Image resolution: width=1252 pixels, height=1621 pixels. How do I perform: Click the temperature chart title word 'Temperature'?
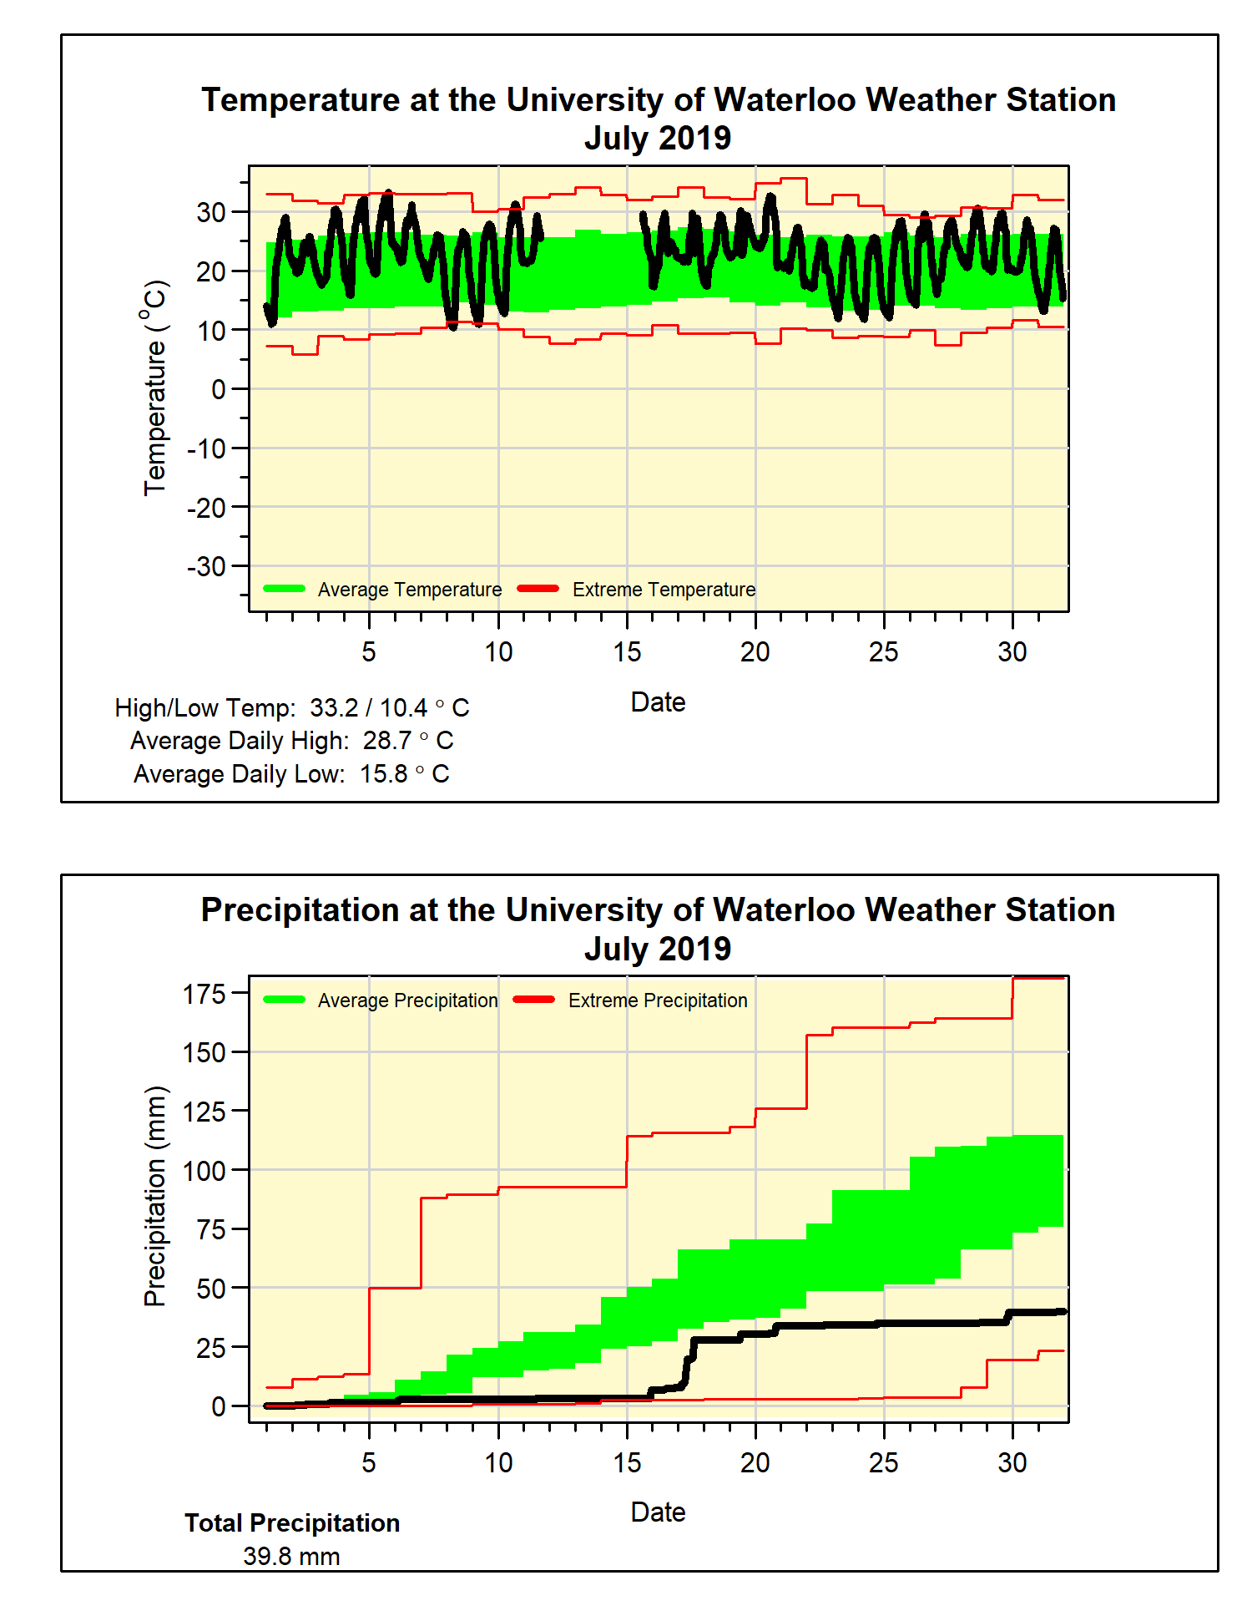(x=300, y=100)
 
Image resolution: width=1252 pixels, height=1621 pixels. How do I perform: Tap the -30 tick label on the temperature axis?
(x=206, y=566)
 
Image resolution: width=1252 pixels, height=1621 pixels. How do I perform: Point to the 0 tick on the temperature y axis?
(x=218, y=389)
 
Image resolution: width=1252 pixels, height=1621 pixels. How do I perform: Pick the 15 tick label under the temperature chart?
(x=627, y=651)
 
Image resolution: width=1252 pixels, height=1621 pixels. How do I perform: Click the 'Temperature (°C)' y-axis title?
(x=155, y=388)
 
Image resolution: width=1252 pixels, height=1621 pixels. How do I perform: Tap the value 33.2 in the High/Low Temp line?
(x=334, y=708)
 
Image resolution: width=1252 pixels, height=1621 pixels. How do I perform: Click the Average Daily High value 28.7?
(x=387, y=741)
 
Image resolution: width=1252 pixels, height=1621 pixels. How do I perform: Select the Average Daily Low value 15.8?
(x=384, y=774)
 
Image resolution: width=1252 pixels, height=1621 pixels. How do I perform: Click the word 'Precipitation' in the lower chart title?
(x=300, y=910)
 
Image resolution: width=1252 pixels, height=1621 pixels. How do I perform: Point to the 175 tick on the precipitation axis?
(x=204, y=994)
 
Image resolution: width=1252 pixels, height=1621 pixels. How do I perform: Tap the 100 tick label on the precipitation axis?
(x=204, y=1171)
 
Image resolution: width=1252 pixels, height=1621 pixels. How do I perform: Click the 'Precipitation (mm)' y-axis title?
(x=155, y=1196)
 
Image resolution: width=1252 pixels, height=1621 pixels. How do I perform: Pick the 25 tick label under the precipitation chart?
(x=884, y=1462)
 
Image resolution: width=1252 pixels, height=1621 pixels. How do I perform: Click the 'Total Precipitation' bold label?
(x=292, y=1523)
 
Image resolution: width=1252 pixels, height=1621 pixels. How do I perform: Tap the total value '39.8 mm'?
(x=291, y=1557)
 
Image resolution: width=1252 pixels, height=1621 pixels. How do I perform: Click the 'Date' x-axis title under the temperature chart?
(x=658, y=702)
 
